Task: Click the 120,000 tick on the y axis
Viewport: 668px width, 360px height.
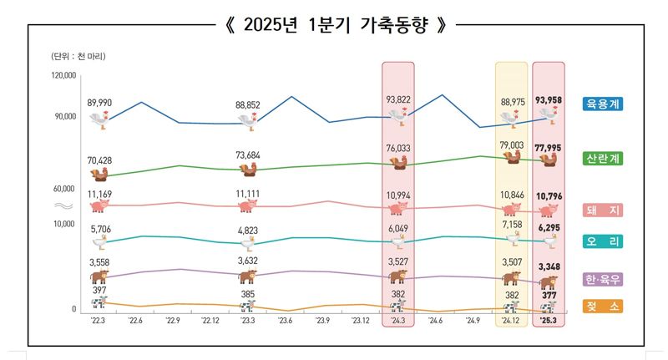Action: click(64, 75)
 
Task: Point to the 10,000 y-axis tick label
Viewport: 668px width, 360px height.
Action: click(64, 224)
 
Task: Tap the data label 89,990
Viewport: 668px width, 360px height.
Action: click(100, 102)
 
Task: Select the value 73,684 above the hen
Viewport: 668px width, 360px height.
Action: click(248, 155)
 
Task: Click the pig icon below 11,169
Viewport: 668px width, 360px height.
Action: click(99, 205)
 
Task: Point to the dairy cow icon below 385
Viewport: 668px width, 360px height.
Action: click(248, 305)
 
